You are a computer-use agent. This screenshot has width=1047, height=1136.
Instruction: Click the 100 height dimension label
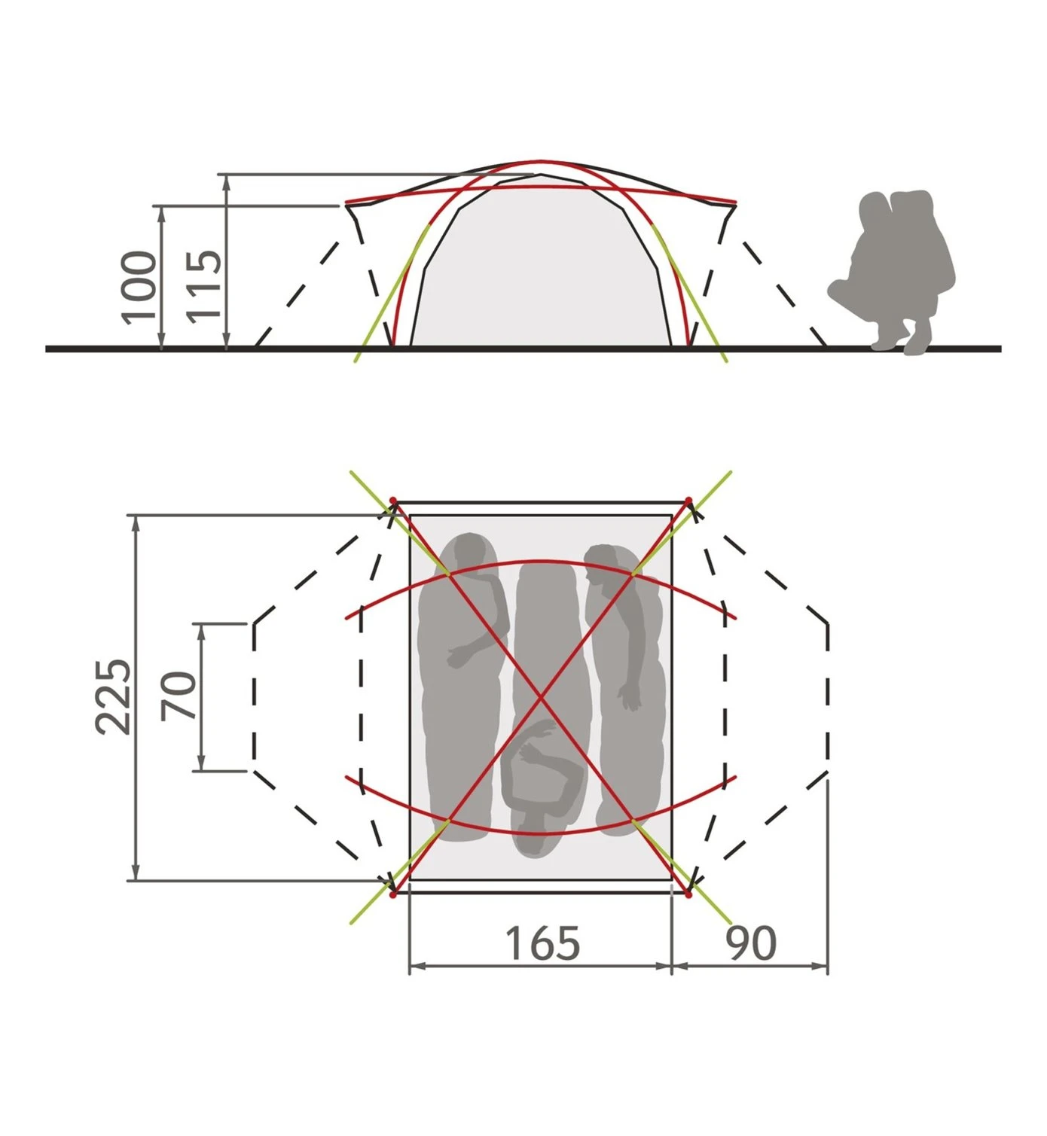click(139, 288)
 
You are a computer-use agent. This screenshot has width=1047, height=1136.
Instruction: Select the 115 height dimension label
click(205, 287)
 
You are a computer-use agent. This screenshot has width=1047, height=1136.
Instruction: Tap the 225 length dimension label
click(114, 696)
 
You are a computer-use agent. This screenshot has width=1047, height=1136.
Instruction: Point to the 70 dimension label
click(178, 696)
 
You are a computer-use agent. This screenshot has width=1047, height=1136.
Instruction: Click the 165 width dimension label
click(542, 943)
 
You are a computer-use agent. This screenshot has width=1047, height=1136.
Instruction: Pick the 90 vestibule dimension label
click(751, 943)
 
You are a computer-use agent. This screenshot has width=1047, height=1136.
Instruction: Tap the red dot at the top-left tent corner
click(393, 501)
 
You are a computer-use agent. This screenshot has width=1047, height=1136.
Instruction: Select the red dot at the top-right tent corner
click(688, 501)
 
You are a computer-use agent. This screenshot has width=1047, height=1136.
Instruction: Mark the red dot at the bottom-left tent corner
click(393, 895)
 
